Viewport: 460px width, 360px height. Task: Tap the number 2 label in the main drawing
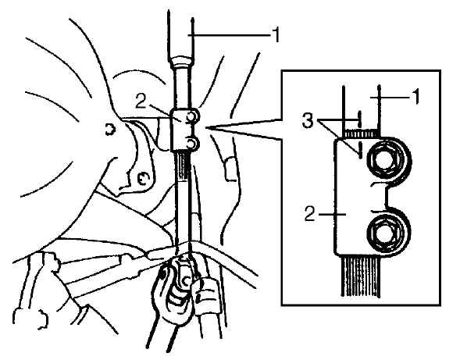click(x=141, y=102)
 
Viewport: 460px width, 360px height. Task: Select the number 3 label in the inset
click(x=308, y=120)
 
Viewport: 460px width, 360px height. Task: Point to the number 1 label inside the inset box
click(x=416, y=97)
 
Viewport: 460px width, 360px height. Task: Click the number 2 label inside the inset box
click(x=310, y=214)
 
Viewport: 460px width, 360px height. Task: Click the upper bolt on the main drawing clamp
click(x=191, y=116)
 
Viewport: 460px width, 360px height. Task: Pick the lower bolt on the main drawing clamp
click(x=191, y=144)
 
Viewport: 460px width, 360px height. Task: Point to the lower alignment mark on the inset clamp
click(x=360, y=151)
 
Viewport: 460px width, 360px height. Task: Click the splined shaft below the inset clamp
click(x=361, y=275)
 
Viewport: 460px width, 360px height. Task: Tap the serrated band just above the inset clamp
click(x=362, y=134)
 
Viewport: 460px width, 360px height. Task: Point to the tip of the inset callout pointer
click(x=206, y=127)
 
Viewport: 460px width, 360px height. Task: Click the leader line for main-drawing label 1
click(x=229, y=35)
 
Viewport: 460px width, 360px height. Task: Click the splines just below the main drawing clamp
click(x=183, y=165)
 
